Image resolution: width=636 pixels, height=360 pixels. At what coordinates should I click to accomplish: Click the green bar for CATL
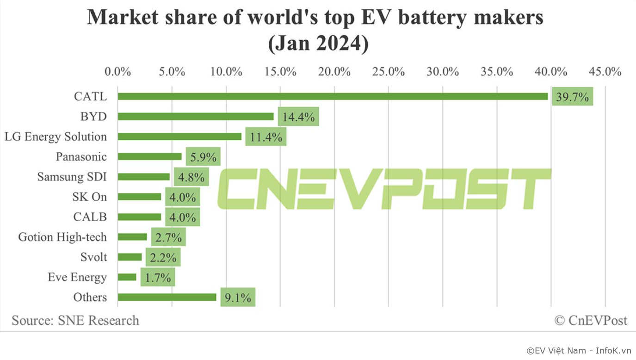pyautogui.click(x=333, y=96)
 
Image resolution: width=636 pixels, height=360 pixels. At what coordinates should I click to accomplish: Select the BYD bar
pyautogui.click(x=196, y=117)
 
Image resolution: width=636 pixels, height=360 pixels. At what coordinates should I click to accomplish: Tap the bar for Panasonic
pyautogui.click(x=149, y=157)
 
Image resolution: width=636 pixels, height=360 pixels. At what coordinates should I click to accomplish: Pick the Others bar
pyautogui.click(x=167, y=297)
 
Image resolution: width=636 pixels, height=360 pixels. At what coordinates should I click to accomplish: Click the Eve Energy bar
pyautogui.click(x=127, y=277)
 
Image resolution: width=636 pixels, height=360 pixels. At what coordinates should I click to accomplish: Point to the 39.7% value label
pyautogui.click(x=572, y=97)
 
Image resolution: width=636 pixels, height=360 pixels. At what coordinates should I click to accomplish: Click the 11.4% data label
pyautogui.click(x=266, y=137)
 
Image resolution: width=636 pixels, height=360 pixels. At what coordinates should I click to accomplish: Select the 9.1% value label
pyautogui.click(x=238, y=298)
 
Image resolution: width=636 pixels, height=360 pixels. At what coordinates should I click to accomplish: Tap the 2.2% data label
pyautogui.click(x=163, y=257)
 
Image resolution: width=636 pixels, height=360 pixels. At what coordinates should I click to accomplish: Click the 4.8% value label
pyautogui.click(x=191, y=177)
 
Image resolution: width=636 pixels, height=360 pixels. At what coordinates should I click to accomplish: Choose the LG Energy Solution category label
pyautogui.click(x=56, y=137)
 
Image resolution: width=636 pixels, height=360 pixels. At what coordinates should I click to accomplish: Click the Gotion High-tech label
pyautogui.click(x=62, y=237)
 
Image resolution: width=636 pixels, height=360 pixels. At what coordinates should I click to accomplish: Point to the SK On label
pyautogui.click(x=89, y=197)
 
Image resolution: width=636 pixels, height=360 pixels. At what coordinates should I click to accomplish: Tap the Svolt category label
pyautogui.click(x=93, y=257)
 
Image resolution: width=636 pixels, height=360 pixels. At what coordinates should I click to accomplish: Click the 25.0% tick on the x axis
pyautogui.click(x=389, y=72)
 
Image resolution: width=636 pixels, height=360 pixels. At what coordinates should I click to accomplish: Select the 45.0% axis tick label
pyautogui.click(x=605, y=72)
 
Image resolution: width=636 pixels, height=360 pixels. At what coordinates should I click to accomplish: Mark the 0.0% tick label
pyautogui.click(x=117, y=72)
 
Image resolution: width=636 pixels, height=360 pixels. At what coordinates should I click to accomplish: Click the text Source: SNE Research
pyautogui.click(x=75, y=320)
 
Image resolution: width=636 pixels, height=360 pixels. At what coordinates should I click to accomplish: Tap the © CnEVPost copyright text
pyautogui.click(x=591, y=320)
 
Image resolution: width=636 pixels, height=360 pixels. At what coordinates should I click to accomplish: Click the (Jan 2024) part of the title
pyautogui.click(x=318, y=44)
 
